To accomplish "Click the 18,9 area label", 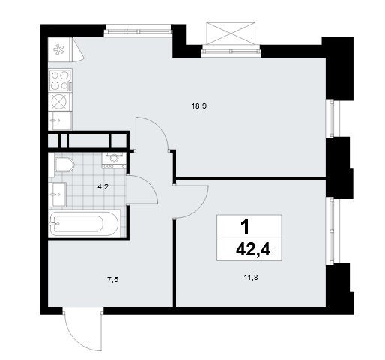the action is click(199, 106).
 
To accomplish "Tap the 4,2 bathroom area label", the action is click(103, 187).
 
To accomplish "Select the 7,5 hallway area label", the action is click(112, 280).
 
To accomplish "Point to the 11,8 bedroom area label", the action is click(251, 277).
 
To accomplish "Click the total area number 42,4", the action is click(253, 250).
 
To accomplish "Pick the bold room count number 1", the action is click(245, 227).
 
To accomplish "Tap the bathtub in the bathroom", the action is click(85, 224).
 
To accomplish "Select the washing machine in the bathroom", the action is click(114, 160).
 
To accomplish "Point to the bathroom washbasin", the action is click(57, 195).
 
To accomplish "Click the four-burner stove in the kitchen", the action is click(60, 80).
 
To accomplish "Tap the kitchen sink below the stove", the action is click(60, 120).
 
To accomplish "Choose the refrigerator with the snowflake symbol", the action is click(60, 49).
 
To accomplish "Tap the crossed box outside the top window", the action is click(231, 34).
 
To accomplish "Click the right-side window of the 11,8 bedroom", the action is click(332, 231).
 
